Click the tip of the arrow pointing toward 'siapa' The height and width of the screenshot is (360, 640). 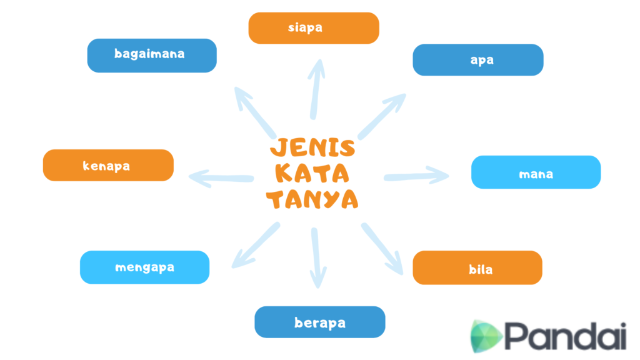[x=321, y=60]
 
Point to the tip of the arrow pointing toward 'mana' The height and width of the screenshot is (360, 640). [x=449, y=176]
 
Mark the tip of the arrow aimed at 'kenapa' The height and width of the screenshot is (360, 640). [x=189, y=177]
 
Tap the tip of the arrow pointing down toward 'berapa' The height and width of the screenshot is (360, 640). [x=317, y=287]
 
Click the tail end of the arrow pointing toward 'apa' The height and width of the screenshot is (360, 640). [x=360, y=137]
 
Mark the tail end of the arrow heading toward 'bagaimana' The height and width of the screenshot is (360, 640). [x=274, y=136]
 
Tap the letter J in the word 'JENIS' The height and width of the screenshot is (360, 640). [x=279, y=147]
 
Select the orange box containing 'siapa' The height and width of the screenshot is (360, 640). [x=314, y=27]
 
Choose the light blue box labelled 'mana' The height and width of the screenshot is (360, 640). [x=536, y=172]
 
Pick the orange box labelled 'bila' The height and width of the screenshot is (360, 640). [x=477, y=267]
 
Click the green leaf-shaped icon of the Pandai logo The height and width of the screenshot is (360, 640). [x=486, y=336]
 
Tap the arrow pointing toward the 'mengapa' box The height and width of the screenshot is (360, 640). [x=256, y=245]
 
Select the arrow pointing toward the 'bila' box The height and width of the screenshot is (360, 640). [x=382, y=249]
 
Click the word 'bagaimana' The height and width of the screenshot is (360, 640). [x=149, y=54]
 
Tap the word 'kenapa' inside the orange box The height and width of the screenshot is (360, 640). [x=106, y=166]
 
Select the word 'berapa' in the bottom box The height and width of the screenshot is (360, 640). [x=320, y=323]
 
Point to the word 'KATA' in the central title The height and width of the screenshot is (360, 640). [x=312, y=174]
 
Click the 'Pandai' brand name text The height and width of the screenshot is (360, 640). [x=566, y=336]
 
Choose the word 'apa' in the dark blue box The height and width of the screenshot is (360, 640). [x=482, y=61]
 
